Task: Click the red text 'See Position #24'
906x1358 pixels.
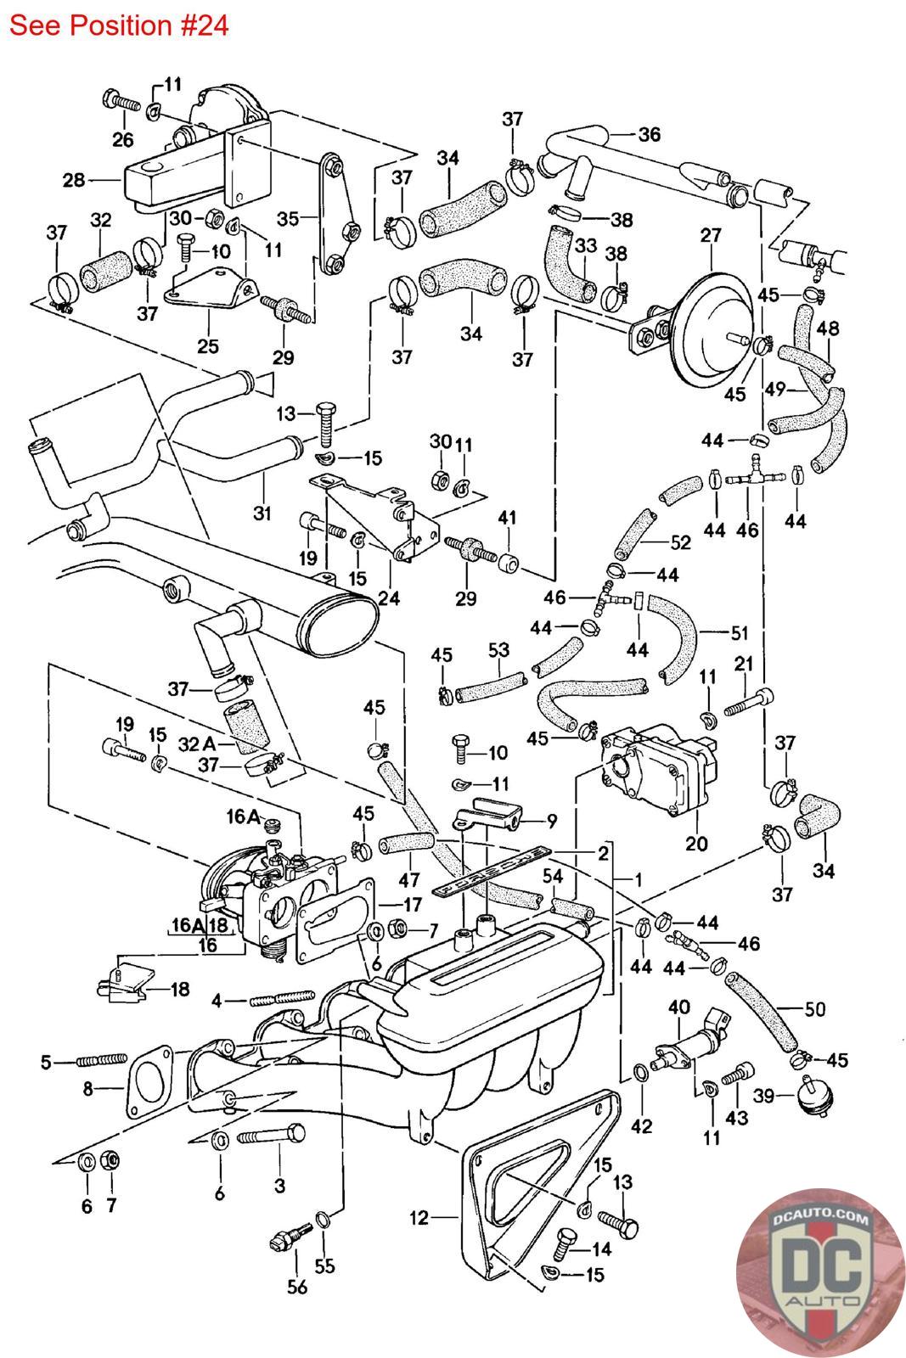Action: click(119, 25)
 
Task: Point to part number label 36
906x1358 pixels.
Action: click(649, 134)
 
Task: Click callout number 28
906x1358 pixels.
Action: click(75, 180)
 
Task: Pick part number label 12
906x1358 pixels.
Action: click(419, 1218)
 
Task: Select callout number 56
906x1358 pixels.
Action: click(296, 1287)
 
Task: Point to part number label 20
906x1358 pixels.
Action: click(696, 845)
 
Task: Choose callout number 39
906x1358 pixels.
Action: click(764, 1096)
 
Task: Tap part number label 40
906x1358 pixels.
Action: click(679, 1008)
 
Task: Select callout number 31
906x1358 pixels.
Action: click(263, 513)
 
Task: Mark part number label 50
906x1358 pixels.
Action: click(814, 1009)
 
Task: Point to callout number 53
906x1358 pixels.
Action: click(498, 651)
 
